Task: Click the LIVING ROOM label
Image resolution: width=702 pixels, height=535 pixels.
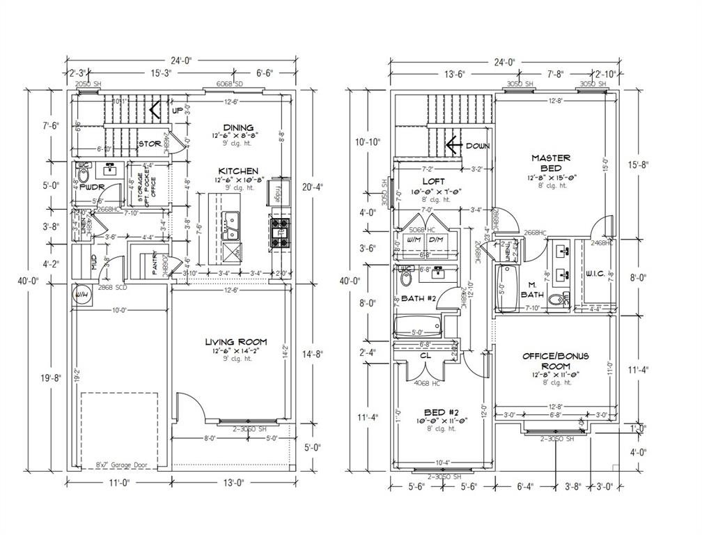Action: (x=235, y=341)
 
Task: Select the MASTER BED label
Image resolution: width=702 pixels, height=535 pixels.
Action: (x=551, y=162)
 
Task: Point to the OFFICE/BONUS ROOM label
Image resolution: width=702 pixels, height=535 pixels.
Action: (x=556, y=361)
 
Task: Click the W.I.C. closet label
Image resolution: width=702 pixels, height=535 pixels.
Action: (x=594, y=272)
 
